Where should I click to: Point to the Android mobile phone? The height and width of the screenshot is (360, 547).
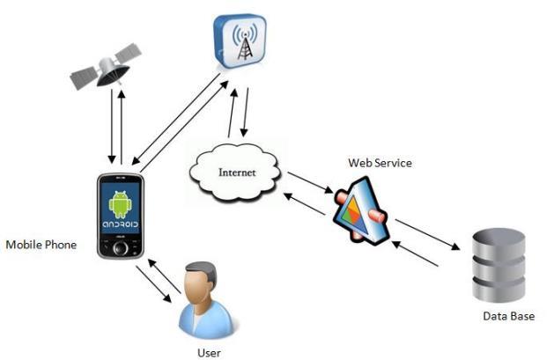click(x=122, y=215)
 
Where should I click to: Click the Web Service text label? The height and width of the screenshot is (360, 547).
click(x=380, y=163)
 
